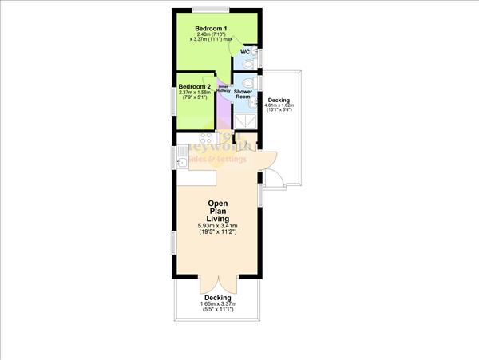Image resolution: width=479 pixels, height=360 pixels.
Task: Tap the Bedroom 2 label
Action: pos(195,86)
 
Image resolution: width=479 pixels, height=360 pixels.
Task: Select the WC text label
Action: pos(244,53)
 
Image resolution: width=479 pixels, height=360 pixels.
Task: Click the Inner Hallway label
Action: pos(224,89)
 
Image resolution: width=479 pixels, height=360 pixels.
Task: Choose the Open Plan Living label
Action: pos(218,211)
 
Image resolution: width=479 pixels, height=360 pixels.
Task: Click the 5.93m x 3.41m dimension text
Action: pos(218,227)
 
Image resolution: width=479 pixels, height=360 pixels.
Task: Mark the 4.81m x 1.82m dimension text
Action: pos(279,105)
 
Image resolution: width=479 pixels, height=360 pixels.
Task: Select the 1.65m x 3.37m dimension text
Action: pos(217,304)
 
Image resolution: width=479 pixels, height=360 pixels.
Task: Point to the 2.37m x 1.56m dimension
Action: pos(195,93)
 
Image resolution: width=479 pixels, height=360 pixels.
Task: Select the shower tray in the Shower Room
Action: pos(247,118)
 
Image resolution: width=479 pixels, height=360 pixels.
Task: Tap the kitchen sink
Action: pos(181,163)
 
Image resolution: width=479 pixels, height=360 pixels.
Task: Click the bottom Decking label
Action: pos(217,298)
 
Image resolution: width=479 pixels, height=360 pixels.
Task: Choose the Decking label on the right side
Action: pos(279,100)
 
